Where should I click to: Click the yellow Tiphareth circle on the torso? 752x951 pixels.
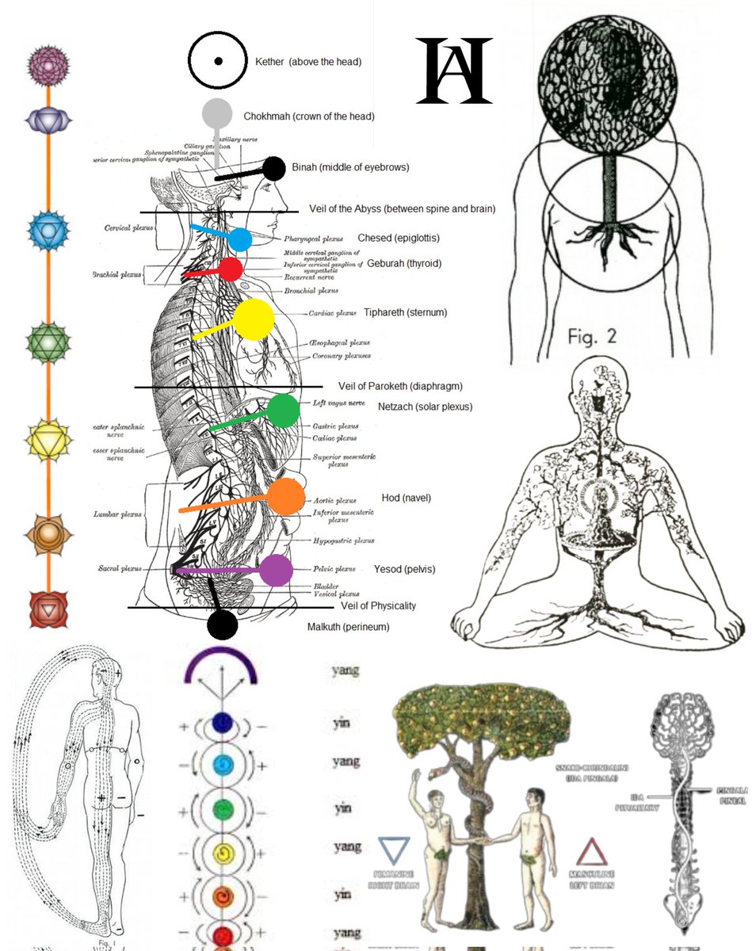tap(254, 319)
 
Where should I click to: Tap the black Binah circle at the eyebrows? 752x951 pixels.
tap(273, 169)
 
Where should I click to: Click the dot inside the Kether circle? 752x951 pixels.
tap(218, 60)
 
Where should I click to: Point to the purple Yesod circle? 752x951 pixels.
tap(276, 571)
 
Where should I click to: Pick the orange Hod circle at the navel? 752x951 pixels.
tap(285, 497)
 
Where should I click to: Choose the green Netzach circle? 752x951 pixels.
tap(283, 411)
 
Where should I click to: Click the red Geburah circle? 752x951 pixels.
tap(231, 269)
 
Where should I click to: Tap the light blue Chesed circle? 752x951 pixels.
tap(240, 239)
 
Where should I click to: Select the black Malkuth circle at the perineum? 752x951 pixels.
tap(222, 624)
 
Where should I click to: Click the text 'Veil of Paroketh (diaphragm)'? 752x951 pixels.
tap(400, 386)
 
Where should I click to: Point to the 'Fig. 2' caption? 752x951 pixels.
tap(592, 336)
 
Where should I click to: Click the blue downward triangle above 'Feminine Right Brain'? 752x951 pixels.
tap(394, 848)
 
